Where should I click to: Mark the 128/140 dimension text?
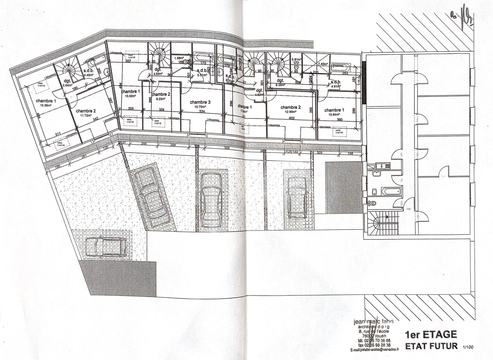292,152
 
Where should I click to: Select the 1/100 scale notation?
468,347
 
